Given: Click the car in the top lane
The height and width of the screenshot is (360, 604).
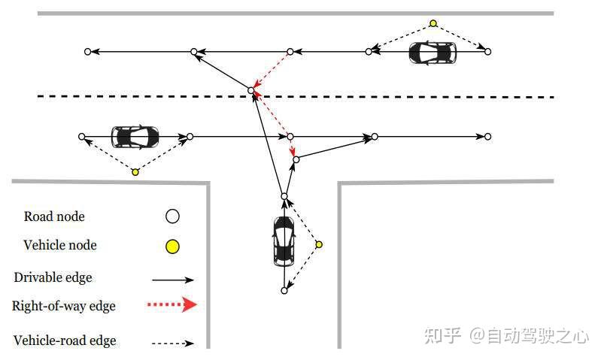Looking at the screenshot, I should click(x=433, y=53).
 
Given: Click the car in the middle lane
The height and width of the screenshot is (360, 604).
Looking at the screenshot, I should click(x=135, y=137).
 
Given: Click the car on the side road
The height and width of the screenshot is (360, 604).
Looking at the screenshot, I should click(x=284, y=240).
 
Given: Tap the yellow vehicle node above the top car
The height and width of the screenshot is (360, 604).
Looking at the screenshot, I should click(x=433, y=23).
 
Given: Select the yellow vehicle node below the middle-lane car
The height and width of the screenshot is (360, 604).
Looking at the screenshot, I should click(x=135, y=172).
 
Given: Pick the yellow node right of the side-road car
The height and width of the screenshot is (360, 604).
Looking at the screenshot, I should click(x=319, y=244).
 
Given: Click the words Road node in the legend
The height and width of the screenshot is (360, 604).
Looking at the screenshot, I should click(x=54, y=216).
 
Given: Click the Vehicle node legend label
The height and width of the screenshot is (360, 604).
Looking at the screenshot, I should click(x=60, y=245).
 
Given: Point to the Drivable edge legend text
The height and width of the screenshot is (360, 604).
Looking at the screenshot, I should click(x=53, y=277).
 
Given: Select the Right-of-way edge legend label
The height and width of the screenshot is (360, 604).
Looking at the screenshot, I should click(x=63, y=306).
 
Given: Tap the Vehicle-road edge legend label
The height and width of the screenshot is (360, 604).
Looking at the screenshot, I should click(x=65, y=340).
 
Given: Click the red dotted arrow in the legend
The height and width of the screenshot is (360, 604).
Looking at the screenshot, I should click(x=174, y=304).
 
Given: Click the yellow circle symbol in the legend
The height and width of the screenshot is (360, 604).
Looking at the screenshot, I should click(x=172, y=246).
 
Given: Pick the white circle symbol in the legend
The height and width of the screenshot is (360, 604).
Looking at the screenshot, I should click(x=172, y=216).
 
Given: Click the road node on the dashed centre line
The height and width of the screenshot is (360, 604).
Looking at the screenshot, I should click(x=252, y=90).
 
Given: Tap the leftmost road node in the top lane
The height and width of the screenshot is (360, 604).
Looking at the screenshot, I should click(x=88, y=52).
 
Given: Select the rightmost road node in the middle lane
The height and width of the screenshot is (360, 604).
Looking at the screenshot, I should click(x=487, y=137).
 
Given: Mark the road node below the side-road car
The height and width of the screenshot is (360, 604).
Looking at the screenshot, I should click(x=284, y=290).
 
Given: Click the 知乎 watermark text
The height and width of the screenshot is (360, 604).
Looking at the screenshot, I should click(x=442, y=335).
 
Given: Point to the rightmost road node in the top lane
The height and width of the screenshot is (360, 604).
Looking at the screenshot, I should click(x=487, y=52).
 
